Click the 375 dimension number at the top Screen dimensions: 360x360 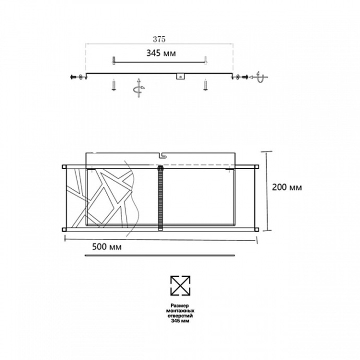tap(160, 39)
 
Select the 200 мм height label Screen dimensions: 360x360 tap(287, 187)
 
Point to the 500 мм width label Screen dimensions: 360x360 tap(106, 247)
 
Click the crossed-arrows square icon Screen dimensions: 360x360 tap(180, 285)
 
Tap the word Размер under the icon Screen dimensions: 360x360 tap(180, 306)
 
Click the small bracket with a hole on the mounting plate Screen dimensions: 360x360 tap(181, 76)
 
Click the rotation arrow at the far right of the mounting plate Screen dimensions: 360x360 tap(259, 78)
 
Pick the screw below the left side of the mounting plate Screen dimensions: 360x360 tap(113, 85)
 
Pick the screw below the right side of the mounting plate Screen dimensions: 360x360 tap(206, 85)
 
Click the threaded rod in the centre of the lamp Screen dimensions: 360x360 tap(160, 198)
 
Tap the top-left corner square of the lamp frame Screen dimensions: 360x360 tap(64, 167)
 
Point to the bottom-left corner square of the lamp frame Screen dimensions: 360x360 tap(64, 229)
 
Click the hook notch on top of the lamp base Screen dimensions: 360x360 tap(162, 154)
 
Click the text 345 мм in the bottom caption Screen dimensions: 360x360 tap(180, 322)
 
